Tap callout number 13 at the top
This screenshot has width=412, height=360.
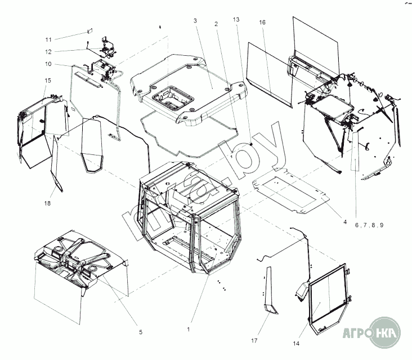click(x=236, y=20)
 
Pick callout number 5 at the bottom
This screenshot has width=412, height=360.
click(x=141, y=332)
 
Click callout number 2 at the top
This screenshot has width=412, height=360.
click(x=216, y=24)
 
